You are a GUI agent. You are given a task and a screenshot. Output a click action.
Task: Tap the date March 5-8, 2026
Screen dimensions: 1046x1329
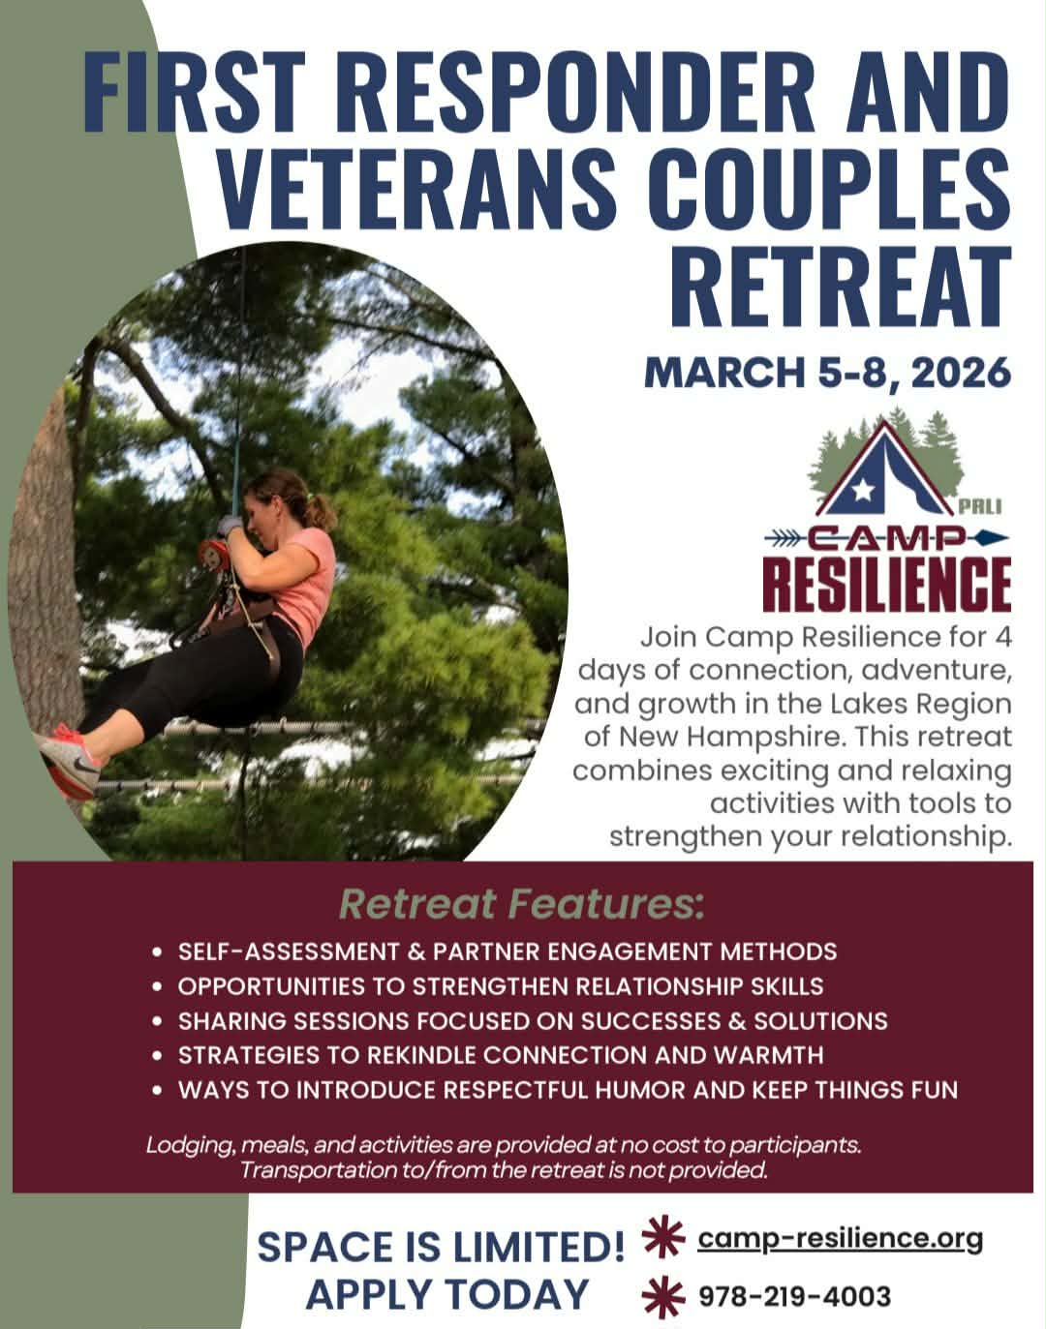tap(828, 373)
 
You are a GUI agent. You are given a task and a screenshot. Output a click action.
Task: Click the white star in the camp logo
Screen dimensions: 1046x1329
tap(863, 491)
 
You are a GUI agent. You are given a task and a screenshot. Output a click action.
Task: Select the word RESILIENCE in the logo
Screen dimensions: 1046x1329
tap(886, 585)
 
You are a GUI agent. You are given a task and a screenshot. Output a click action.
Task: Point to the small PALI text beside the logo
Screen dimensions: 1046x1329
tap(979, 507)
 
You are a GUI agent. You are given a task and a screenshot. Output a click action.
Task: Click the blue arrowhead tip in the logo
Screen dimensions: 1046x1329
tap(1007, 538)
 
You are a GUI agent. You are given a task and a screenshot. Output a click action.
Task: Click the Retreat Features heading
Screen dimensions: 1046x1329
tap(522, 905)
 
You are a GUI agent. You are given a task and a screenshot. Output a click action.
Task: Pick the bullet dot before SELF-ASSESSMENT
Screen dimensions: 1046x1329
tap(157, 952)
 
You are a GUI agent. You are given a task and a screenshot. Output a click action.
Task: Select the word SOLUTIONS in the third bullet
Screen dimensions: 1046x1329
tap(820, 1021)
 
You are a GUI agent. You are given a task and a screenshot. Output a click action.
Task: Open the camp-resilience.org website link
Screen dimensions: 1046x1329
tap(841, 1239)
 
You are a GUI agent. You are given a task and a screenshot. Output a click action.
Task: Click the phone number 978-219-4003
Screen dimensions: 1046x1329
tap(794, 1296)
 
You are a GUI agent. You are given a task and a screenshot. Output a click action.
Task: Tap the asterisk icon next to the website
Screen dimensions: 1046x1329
tap(663, 1238)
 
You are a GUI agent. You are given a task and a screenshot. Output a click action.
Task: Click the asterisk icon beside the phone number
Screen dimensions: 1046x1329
tap(663, 1296)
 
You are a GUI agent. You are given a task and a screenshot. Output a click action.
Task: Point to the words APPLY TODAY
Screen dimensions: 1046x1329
tap(446, 1294)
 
